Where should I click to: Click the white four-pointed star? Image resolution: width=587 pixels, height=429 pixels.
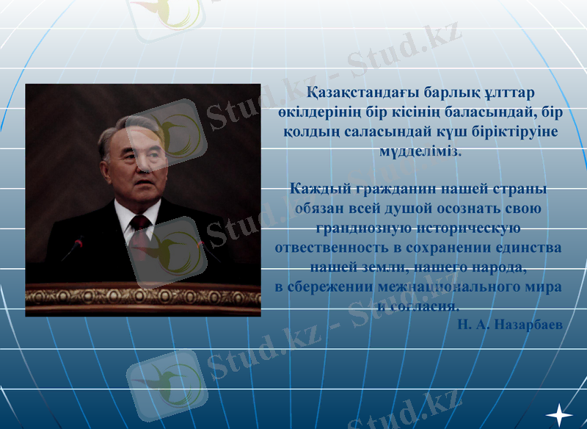point(559,415)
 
